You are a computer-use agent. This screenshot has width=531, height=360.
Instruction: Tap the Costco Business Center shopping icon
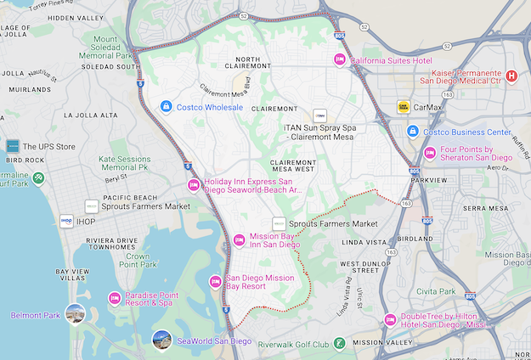412,132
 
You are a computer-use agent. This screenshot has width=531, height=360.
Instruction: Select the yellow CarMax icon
404,107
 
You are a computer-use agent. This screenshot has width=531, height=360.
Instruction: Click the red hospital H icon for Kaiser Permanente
511,76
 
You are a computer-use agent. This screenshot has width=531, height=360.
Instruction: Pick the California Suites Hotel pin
340,60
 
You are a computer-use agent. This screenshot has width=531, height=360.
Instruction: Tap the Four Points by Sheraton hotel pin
430,153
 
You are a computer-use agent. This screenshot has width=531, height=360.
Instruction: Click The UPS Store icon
12,146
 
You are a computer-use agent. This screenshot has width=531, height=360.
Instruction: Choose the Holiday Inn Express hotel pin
193,185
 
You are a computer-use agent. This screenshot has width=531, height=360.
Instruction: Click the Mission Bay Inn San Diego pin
240,239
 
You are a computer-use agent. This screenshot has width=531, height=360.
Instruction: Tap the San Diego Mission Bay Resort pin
216,282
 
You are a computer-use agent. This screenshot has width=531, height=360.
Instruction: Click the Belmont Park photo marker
76,314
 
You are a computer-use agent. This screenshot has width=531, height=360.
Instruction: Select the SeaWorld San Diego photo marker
161,340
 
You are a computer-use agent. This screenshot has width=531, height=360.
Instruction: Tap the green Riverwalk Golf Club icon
340,344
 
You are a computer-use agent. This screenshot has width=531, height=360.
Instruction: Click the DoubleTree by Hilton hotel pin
390,319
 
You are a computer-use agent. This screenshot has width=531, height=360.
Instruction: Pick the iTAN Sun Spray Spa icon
319,115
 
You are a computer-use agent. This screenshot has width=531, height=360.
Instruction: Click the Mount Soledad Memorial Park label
117,47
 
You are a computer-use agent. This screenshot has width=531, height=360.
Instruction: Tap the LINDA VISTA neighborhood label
364,244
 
